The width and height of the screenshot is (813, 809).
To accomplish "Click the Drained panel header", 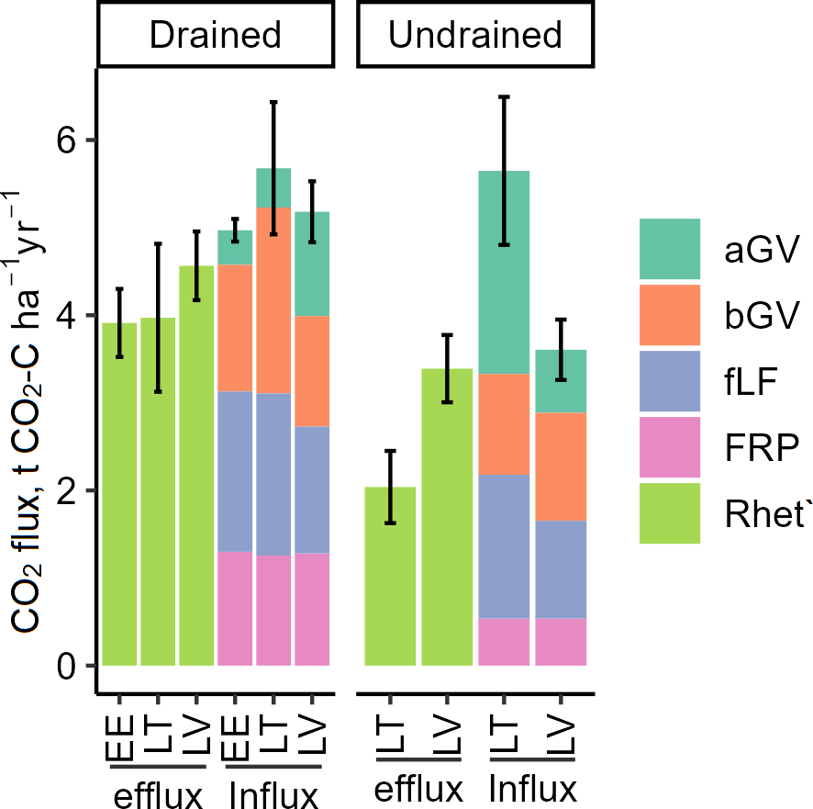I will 215,35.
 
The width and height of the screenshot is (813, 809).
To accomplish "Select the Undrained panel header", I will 475,35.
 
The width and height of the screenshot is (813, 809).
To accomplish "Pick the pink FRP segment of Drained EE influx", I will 235,608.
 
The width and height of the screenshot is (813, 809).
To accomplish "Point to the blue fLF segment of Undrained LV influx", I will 561,569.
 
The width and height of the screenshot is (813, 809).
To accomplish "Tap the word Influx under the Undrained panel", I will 532,790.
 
